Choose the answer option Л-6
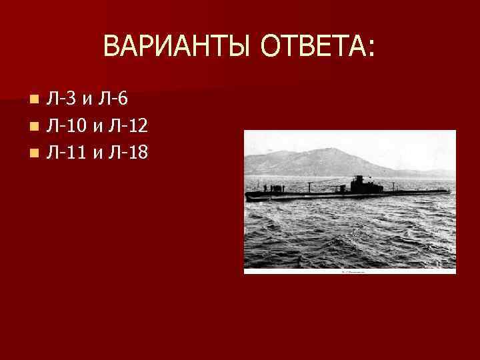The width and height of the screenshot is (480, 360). coord(114,99)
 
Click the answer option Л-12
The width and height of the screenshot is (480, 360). coord(127,126)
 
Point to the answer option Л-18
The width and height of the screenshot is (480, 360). coord(127,153)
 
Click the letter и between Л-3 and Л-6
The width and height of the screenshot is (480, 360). coord(88,101)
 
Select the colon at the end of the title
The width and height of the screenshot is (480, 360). coord(370,48)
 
